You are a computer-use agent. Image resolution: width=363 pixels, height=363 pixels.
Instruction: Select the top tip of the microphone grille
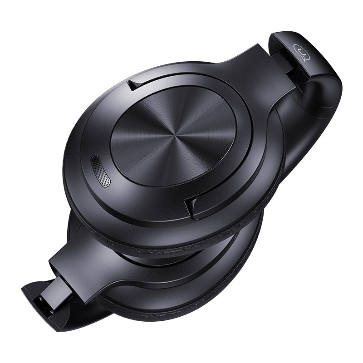click(94, 159)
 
